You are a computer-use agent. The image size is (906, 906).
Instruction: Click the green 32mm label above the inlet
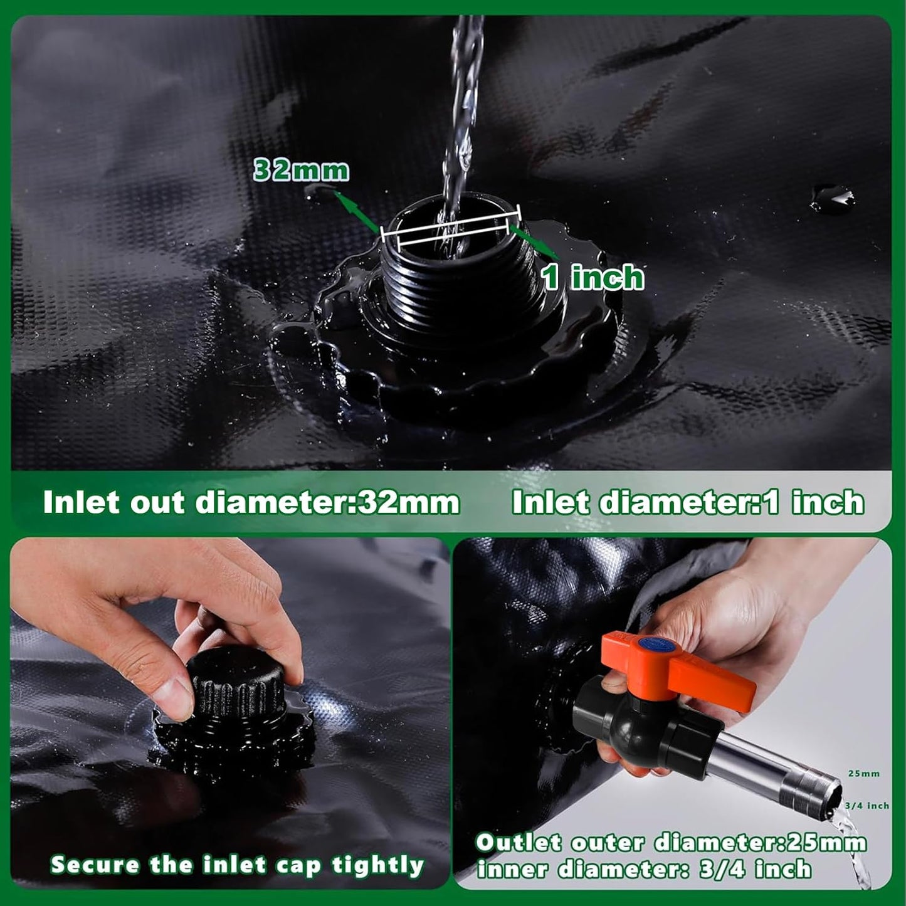click(301, 171)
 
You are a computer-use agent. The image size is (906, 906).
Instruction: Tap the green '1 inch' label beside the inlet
click(593, 278)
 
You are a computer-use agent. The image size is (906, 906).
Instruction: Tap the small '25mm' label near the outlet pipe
click(863, 774)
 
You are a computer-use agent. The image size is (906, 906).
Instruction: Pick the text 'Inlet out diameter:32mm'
click(251, 503)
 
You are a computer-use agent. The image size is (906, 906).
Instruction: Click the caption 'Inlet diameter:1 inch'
click(688, 503)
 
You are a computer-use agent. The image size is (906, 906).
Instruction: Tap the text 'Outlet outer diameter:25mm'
click(671, 843)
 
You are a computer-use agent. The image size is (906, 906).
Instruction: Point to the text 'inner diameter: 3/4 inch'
click(644, 870)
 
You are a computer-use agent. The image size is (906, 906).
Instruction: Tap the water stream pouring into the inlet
click(465, 107)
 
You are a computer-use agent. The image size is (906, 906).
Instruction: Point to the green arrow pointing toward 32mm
click(357, 213)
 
